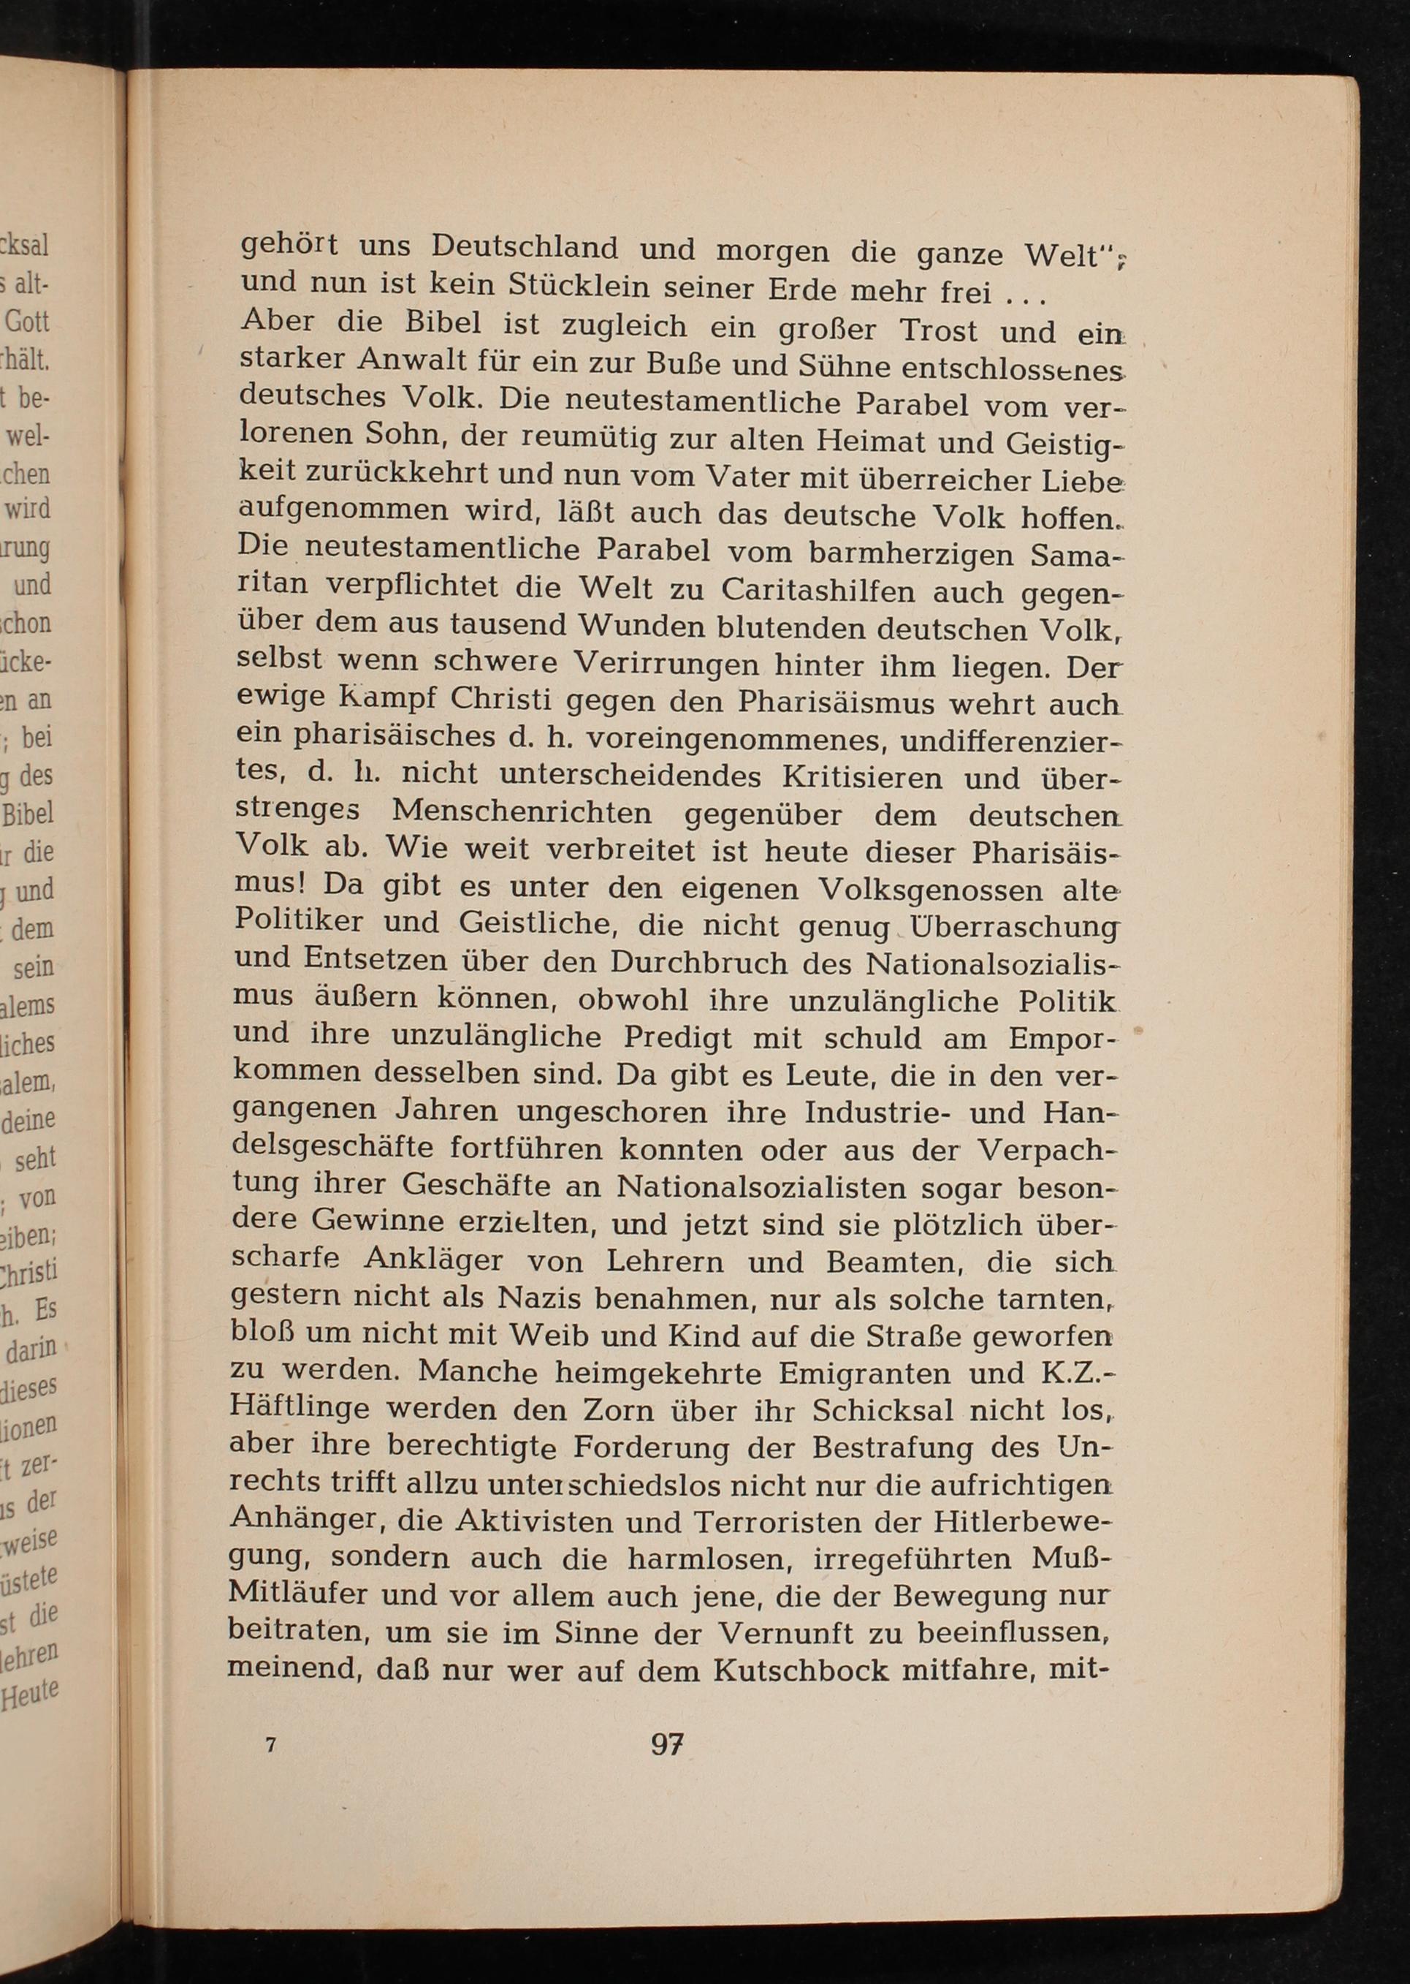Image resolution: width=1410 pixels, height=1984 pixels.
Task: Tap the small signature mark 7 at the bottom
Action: pos(272,1744)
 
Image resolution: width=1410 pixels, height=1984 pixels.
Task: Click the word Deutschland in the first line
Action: pos(525,249)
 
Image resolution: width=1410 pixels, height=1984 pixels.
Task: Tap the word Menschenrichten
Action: pos(522,811)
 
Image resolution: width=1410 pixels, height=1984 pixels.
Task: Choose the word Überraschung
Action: pos(1013,926)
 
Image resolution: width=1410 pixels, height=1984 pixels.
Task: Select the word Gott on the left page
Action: pos(28,322)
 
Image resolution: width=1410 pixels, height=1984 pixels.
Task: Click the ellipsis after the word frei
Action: pos(1027,296)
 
